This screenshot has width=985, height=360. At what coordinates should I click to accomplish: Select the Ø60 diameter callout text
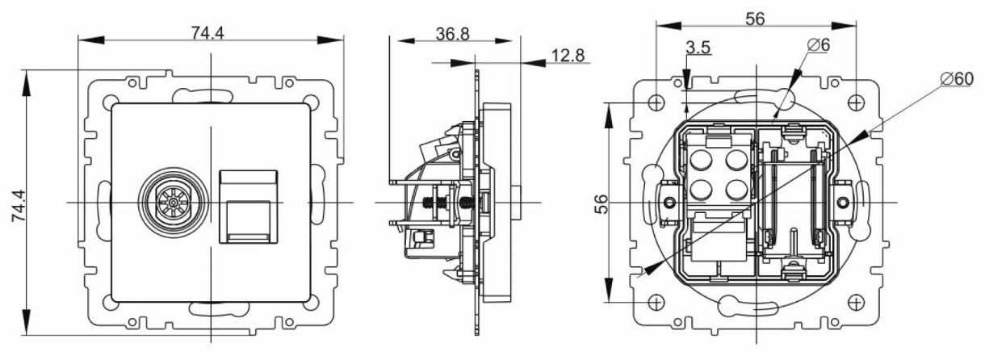(958, 80)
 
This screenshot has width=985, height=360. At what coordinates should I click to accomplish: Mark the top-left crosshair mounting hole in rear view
(655, 103)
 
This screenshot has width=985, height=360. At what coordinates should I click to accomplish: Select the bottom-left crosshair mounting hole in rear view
(655, 302)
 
